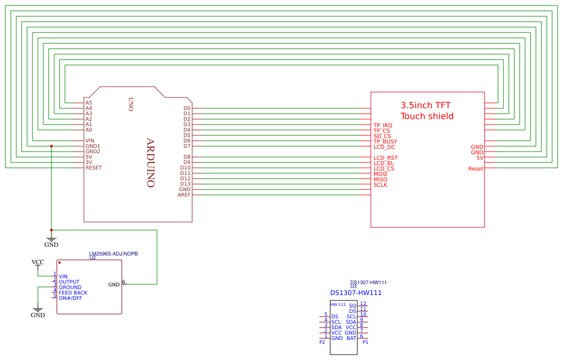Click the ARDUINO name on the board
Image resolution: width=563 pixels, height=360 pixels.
tap(150, 163)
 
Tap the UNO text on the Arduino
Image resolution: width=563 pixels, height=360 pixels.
tap(130, 104)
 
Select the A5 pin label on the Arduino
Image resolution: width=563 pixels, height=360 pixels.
tap(89, 103)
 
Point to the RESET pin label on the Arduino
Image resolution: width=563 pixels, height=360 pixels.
tap(94, 168)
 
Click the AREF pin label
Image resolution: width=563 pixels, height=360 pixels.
tap(184, 195)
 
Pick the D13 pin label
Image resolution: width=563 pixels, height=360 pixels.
tap(185, 184)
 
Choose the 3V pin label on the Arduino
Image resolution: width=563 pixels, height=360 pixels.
tap(89, 162)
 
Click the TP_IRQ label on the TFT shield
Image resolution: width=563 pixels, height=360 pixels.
tap(383, 126)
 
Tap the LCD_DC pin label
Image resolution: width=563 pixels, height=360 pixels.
tap(384, 147)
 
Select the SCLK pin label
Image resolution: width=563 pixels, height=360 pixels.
tap(381, 185)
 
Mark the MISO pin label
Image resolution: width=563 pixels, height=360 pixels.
tap(381, 180)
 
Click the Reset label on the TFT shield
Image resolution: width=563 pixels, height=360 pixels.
tap(476, 169)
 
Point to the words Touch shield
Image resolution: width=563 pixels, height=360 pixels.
tap(427, 116)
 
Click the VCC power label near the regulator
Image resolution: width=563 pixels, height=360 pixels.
tap(38, 262)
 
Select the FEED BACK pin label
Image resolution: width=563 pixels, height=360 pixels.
tap(73, 293)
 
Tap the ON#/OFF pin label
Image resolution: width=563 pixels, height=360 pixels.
tap(70, 298)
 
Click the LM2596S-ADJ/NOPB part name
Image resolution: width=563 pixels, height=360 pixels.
tap(114, 253)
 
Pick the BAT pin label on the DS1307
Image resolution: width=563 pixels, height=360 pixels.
tap(351, 338)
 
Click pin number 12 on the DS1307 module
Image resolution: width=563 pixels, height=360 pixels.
tap(363, 304)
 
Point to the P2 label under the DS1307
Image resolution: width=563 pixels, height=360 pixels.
tap(322, 342)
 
